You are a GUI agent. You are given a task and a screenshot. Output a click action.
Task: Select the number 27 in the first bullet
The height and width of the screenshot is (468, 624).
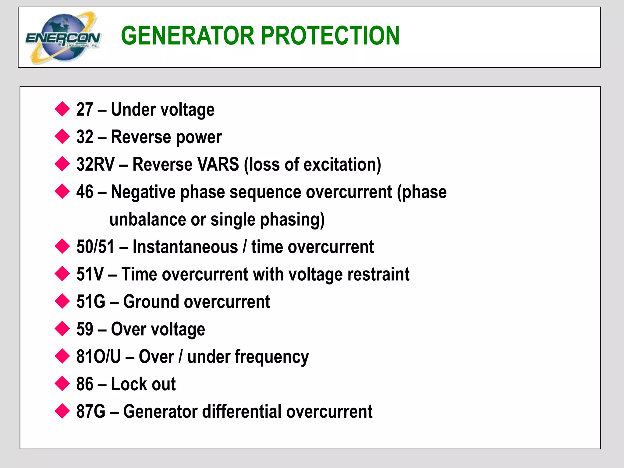[84, 109]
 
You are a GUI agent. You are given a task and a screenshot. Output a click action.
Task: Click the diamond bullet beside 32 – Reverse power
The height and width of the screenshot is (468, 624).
[62, 136]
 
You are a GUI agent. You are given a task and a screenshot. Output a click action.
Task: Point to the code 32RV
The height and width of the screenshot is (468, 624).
[95, 164]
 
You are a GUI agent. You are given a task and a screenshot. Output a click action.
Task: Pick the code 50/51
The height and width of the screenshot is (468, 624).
[95, 247]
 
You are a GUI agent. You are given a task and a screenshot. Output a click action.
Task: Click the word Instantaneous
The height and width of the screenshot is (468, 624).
[185, 247]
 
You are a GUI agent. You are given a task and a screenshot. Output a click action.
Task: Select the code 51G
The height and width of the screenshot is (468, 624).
[90, 302]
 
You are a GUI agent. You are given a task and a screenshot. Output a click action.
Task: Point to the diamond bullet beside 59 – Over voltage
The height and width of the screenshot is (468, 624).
[62, 329]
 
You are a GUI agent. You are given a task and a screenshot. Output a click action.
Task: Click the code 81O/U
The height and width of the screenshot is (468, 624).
[98, 356]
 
